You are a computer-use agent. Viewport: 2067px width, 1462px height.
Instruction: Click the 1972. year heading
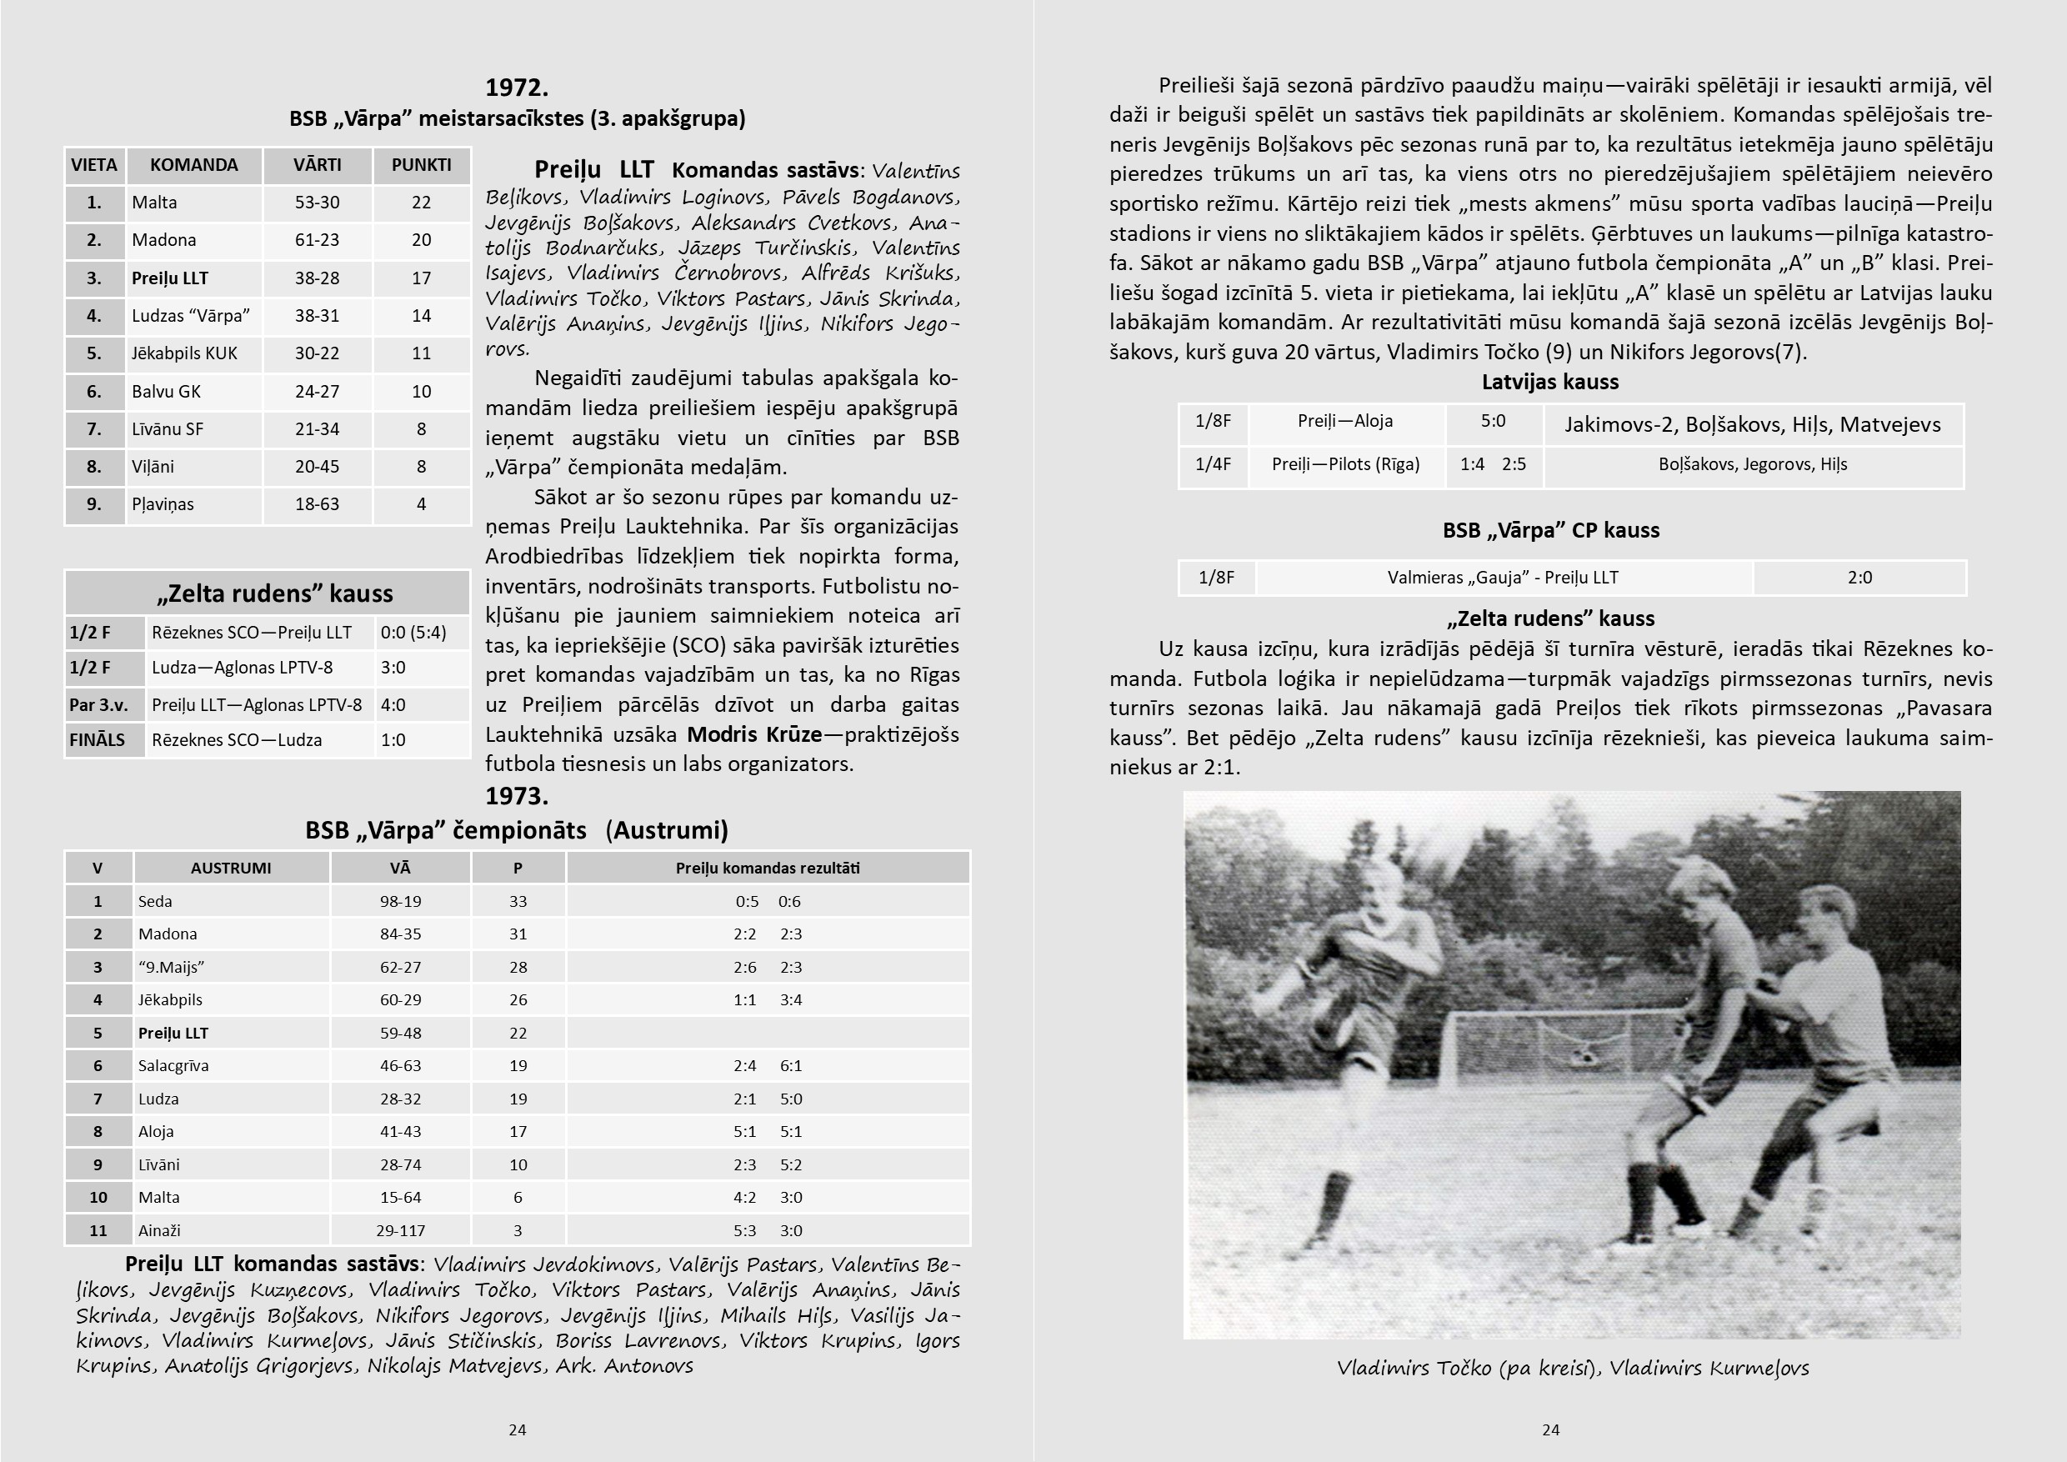pyautogui.click(x=516, y=88)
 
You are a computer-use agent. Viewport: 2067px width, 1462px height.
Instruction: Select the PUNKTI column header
pyautogui.click(x=422, y=165)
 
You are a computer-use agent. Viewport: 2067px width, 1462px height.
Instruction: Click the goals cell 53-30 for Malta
pyautogui.click(x=317, y=203)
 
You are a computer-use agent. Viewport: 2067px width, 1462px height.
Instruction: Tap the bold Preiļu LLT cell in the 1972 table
pyautogui.click(x=170, y=278)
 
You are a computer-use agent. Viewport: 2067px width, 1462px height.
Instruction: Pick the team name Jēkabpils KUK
pyautogui.click(x=184, y=353)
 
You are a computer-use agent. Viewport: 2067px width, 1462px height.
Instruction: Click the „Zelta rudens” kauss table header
pyautogui.click(x=274, y=593)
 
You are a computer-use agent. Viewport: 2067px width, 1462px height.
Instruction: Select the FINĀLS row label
pyautogui.click(x=98, y=740)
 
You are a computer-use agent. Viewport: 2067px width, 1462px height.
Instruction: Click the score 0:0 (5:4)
pyautogui.click(x=413, y=632)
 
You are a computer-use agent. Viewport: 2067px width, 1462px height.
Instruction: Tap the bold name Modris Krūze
pyautogui.click(x=753, y=734)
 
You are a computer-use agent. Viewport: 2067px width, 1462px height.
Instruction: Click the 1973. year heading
pyautogui.click(x=516, y=796)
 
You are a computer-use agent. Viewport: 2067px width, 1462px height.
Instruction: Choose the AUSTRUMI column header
pyautogui.click(x=231, y=868)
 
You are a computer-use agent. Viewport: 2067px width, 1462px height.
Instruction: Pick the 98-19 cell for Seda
pyautogui.click(x=400, y=901)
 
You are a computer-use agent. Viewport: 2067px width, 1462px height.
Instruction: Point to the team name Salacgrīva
pyautogui.click(x=173, y=1066)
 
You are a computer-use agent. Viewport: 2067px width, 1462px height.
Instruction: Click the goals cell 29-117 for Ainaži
pyautogui.click(x=400, y=1230)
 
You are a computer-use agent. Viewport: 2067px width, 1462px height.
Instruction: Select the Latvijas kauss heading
pyautogui.click(x=1549, y=382)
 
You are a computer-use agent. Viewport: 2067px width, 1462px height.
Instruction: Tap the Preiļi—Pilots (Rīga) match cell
pyautogui.click(x=1345, y=464)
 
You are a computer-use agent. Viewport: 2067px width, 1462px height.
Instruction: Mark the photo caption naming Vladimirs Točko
pyautogui.click(x=1572, y=1369)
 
